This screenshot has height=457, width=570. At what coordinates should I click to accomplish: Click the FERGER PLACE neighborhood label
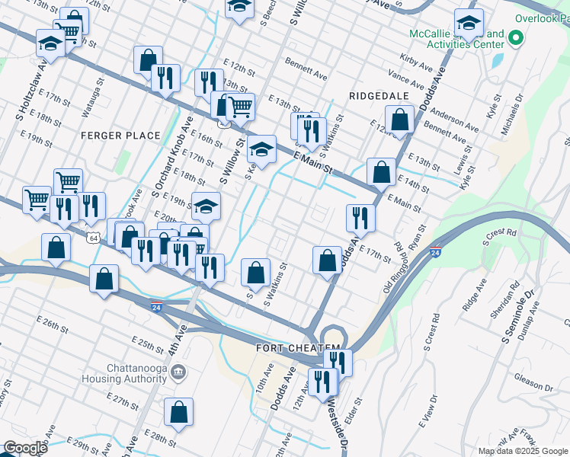[x=121, y=136]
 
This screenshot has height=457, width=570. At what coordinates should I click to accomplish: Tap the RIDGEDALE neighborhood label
[x=379, y=96]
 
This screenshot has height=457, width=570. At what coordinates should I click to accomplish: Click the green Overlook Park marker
[x=516, y=37]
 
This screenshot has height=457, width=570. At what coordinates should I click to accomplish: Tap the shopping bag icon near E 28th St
[x=178, y=412]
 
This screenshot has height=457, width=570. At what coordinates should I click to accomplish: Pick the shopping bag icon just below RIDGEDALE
[x=399, y=119]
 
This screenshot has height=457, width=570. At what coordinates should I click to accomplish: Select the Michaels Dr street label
[x=521, y=109]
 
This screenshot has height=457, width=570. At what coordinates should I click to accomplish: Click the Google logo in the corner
[x=25, y=448]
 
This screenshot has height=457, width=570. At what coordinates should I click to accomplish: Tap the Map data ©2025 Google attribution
[x=523, y=451]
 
